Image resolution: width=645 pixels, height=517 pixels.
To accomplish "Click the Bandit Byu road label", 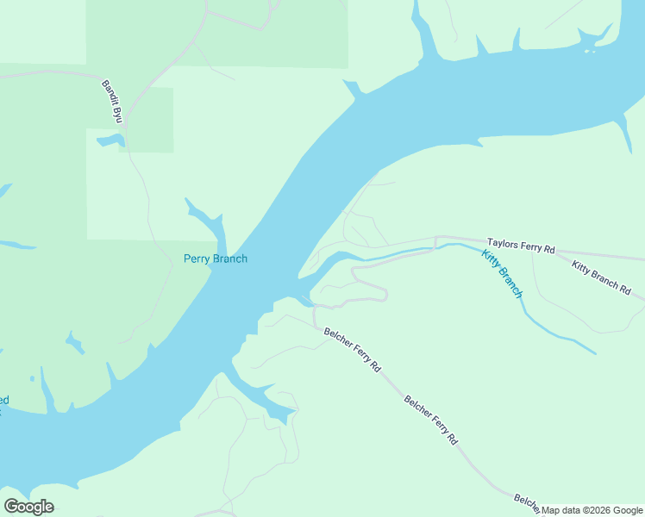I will (111, 100).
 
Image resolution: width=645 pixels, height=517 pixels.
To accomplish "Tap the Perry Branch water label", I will (216, 258).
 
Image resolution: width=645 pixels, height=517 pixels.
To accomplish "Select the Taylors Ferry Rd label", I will (521, 246).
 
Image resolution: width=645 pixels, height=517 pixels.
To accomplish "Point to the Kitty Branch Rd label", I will (601, 277).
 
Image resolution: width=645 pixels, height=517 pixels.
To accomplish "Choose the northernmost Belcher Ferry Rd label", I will (352, 348).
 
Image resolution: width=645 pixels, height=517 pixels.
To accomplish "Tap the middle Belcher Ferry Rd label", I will (431, 420).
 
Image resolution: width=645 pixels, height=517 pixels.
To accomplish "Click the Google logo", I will (28, 507).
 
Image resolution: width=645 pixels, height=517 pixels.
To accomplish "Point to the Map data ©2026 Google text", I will (592, 510).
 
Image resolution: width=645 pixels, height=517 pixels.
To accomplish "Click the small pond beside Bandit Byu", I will (110, 140).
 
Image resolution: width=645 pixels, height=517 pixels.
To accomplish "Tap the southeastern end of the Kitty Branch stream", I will (593, 352).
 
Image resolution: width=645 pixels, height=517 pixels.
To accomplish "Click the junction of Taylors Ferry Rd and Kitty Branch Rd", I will (552, 253).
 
